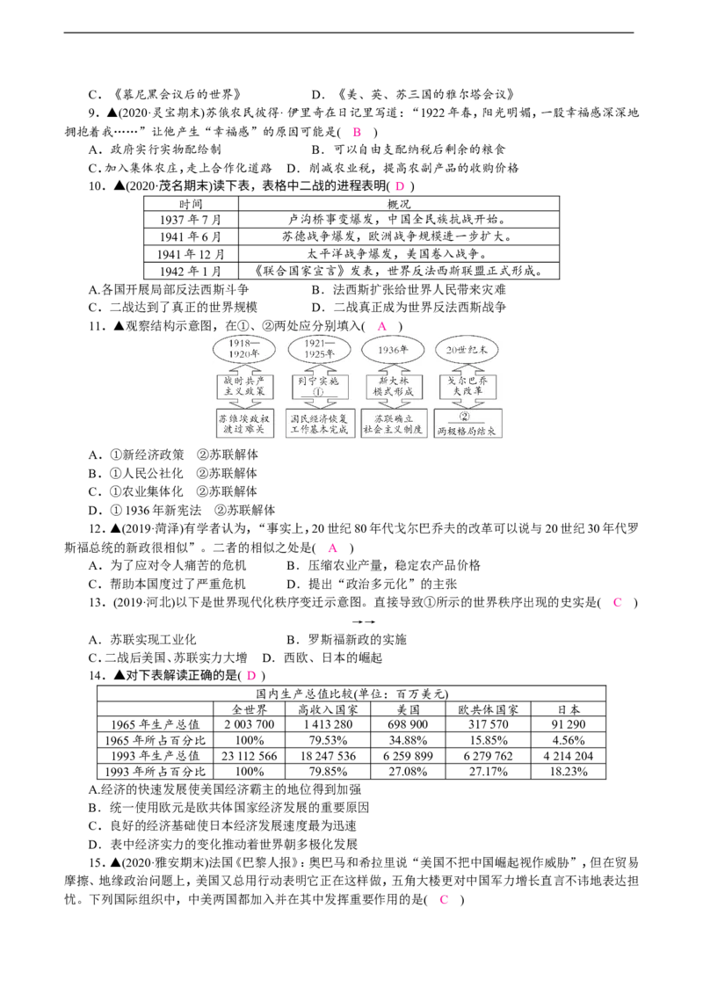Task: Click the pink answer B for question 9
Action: coord(357,132)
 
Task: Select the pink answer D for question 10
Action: coord(400,186)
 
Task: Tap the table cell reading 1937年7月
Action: coord(191,220)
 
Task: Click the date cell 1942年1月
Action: coord(191,271)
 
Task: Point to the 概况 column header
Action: coord(399,204)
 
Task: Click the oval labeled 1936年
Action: coord(393,350)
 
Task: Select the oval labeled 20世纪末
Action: coord(467,350)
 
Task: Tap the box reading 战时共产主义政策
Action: coord(244,386)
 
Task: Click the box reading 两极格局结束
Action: coord(467,424)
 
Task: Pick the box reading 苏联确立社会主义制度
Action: coord(394,424)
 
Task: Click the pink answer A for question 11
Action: coord(381,326)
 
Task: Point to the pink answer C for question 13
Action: coord(617,602)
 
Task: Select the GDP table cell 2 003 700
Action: coord(250,724)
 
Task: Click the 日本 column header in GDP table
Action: coord(569,708)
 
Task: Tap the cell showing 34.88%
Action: coord(408,740)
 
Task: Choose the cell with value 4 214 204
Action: coord(569,756)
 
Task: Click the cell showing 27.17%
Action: coord(488,772)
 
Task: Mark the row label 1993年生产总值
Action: coord(156,756)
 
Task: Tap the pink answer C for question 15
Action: coord(444,899)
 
